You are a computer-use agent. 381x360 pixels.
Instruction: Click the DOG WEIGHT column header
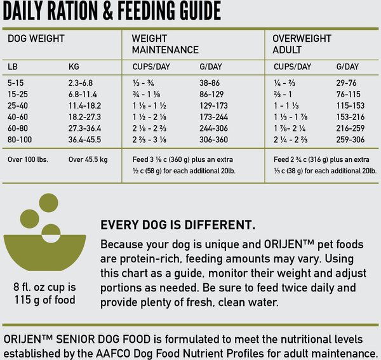tap(36, 38)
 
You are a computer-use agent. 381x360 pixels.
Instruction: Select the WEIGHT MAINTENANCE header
tap(164, 44)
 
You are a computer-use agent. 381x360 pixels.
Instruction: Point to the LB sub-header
tap(13, 67)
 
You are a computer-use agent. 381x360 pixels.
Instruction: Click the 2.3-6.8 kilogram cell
tap(81, 83)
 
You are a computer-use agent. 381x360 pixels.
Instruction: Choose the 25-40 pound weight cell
tap(19, 105)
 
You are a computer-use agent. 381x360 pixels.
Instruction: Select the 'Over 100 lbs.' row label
tap(28, 159)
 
